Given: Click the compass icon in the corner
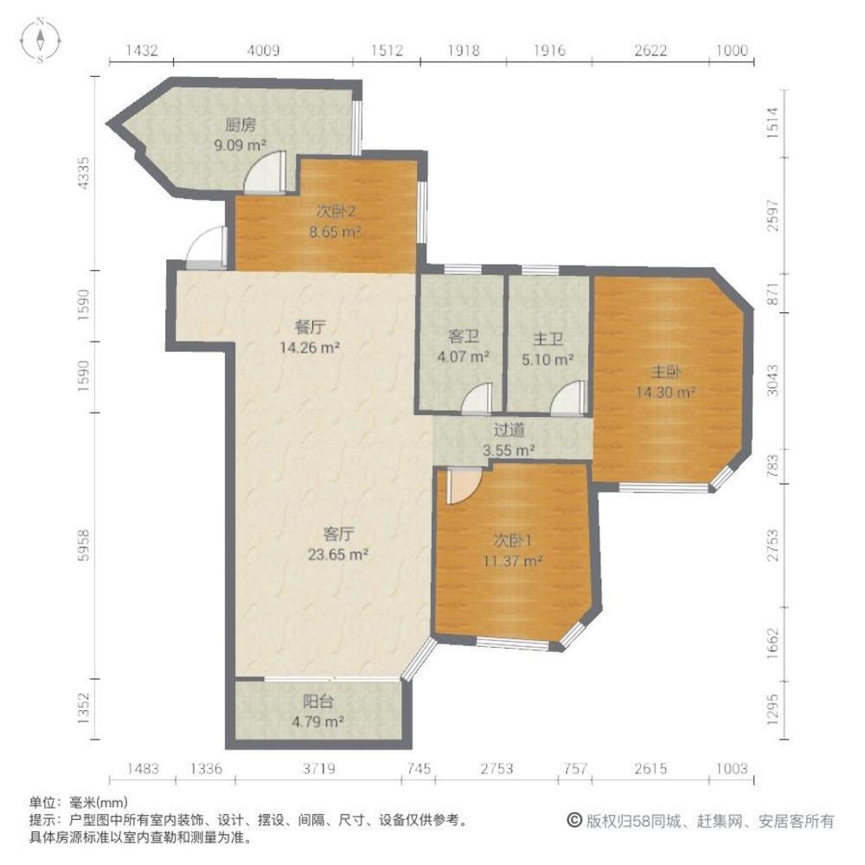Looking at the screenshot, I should click(x=41, y=40).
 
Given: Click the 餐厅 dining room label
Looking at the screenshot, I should click(x=310, y=328).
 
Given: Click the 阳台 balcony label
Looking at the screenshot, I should click(x=319, y=702).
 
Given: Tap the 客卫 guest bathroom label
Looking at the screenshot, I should click(x=464, y=335).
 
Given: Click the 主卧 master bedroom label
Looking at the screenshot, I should click(x=666, y=373).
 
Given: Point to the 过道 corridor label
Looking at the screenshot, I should click(x=509, y=429).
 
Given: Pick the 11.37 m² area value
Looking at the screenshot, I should click(x=513, y=561).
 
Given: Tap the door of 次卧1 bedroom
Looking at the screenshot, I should click(x=460, y=484).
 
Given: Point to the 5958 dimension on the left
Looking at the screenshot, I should click(x=84, y=543).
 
